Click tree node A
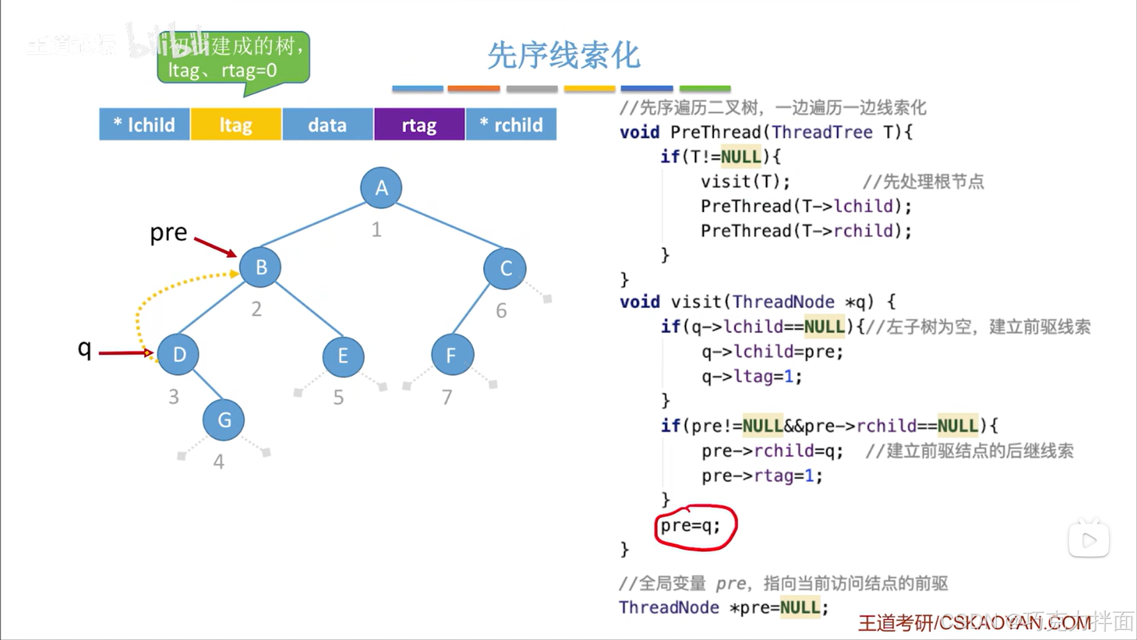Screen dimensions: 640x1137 [x=381, y=188]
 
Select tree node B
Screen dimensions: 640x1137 [x=261, y=268]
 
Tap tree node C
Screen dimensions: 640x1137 [x=505, y=269]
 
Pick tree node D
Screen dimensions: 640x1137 [x=179, y=355]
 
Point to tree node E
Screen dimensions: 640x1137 [x=343, y=356]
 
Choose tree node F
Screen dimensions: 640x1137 [x=452, y=355]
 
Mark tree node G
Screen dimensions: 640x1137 [x=223, y=420]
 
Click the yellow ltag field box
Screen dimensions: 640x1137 [x=236, y=125]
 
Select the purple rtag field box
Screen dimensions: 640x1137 [x=419, y=125]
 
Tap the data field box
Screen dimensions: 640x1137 [x=328, y=125]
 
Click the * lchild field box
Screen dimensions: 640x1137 [x=144, y=125]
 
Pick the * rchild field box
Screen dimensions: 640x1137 [x=511, y=125]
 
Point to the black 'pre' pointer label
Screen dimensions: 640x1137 [x=168, y=233]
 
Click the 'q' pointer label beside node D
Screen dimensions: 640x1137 [x=85, y=349]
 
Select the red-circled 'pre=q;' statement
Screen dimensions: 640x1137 [x=691, y=526]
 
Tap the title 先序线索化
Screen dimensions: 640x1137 [x=563, y=56]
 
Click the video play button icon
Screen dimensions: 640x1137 [x=1089, y=540]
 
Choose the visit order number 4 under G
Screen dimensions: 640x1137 [x=219, y=461]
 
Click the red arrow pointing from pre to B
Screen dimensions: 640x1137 [x=215, y=247]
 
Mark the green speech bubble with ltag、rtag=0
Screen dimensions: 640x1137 [x=233, y=58]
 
